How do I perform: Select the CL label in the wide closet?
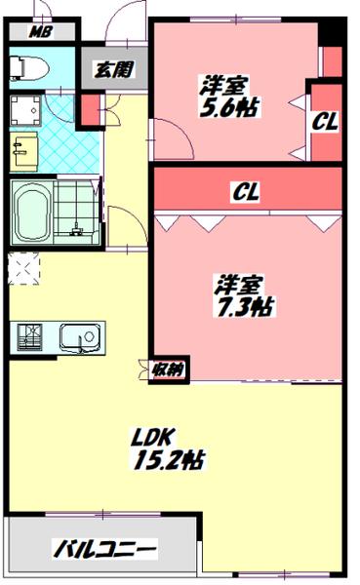tap(245, 192)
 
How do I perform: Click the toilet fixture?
tap(27, 67)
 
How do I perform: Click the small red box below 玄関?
tap(90, 109)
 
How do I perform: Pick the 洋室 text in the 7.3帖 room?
tap(239, 286)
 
